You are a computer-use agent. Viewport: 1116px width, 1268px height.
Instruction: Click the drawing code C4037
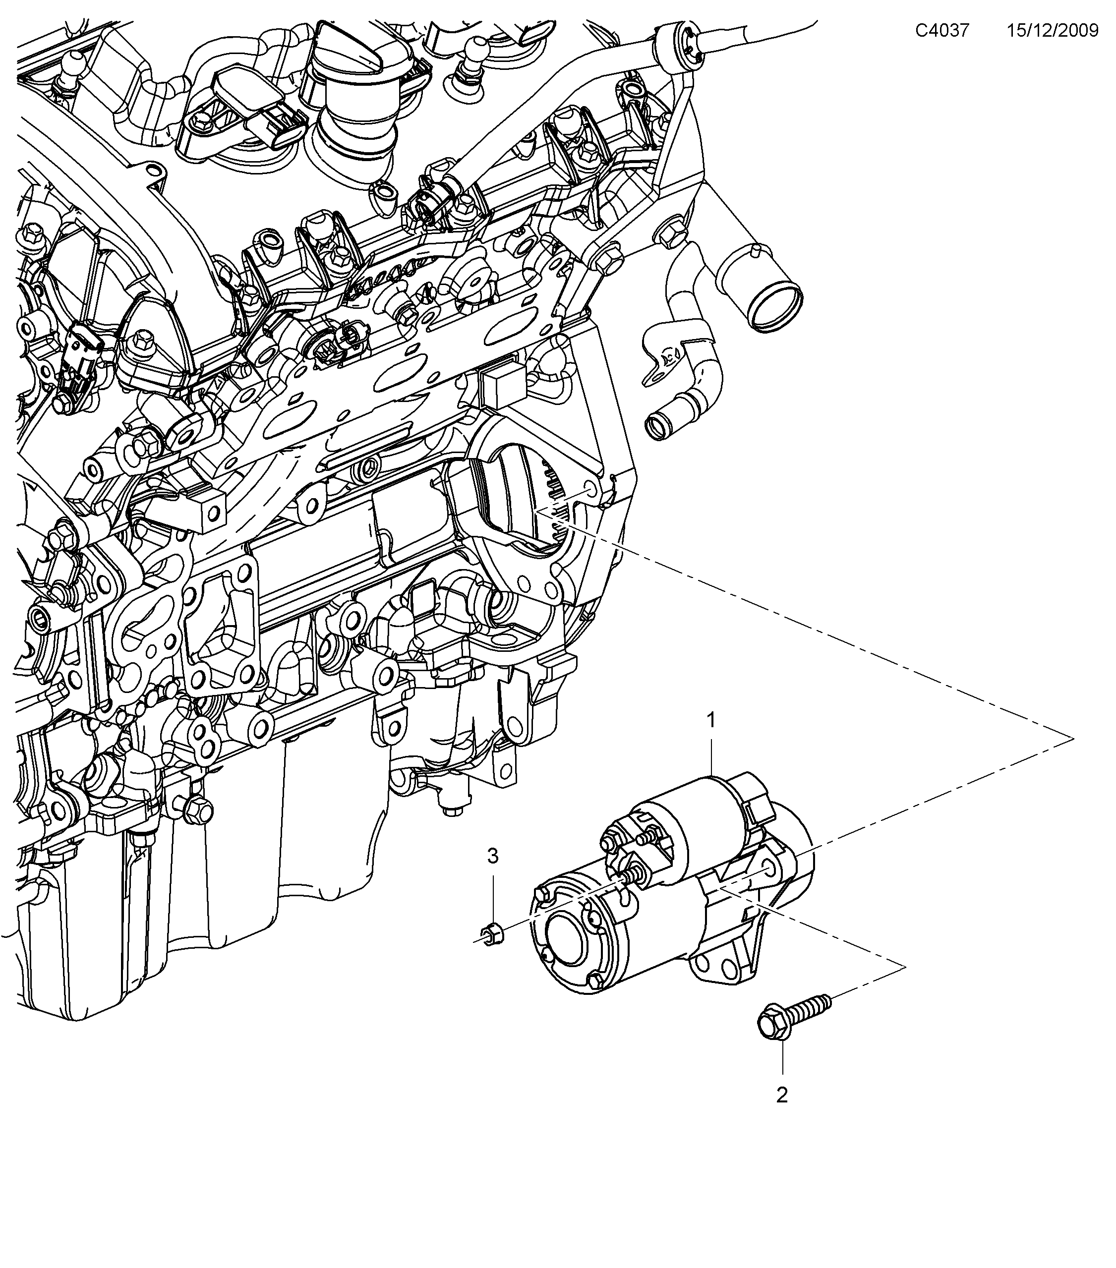click(x=941, y=30)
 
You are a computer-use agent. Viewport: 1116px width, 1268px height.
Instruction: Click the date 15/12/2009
click(x=1052, y=30)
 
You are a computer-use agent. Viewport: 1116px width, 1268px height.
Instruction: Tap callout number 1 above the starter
click(x=711, y=720)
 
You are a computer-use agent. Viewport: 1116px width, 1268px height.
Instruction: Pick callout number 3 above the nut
click(x=492, y=856)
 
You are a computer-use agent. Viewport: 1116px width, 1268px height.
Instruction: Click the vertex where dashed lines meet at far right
click(x=1072, y=737)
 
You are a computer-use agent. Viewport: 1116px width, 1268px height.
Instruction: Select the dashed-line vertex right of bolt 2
click(x=904, y=967)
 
